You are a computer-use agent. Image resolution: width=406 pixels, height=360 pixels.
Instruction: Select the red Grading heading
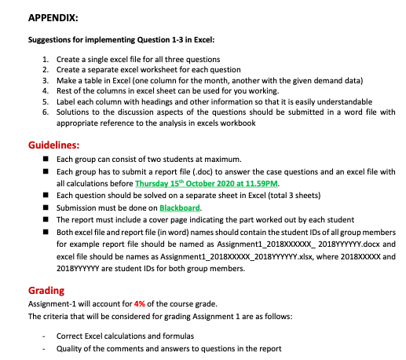pos(46,289)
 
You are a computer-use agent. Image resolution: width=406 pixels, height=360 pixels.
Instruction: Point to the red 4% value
pos(139,303)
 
